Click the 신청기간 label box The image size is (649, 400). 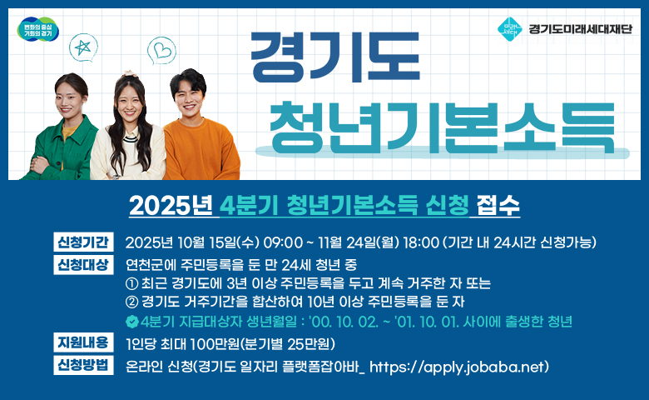tap(82, 242)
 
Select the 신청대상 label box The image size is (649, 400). tap(82, 266)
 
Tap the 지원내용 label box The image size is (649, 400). tap(82, 342)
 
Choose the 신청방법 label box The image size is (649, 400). tap(82, 365)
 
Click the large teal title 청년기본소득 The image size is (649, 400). tap(436, 122)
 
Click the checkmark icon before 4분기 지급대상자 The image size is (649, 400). tap(131, 322)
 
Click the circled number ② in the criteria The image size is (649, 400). tap(131, 302)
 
